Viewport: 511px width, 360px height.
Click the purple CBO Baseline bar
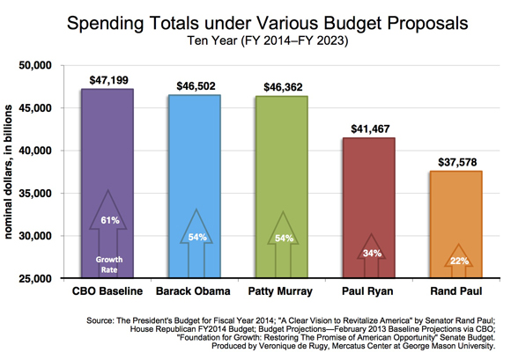pyautogui.click(x=107, y=183)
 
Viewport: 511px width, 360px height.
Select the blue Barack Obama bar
pyautogui.click(x=195, y=187)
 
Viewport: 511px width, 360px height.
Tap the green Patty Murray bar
pyautogui.click(x=282, y=187)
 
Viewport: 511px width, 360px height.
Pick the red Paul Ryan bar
pyautogui.click(x=369, y=208)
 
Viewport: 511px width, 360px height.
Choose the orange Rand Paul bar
pyautogui.click(x=456, y=224)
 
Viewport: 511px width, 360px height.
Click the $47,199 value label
pyautogui.click(x=109, y=80)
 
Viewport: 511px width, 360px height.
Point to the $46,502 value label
pyautogui.click(x=196, y=86)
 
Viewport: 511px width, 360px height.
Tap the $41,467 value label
pyautogui.click(x=370, y=129)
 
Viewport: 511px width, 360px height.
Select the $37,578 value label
pyautogui.click(x=457, y=162)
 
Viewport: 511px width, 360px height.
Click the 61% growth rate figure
pyautogui.click(x=110, y=220)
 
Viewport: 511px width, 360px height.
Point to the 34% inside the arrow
pyautogui.click(x=372, y=253)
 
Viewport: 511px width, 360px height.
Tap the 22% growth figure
pyautogui.click(x=460, y=261)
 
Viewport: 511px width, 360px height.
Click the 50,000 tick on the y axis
pyautogui.click(x=35, y=65)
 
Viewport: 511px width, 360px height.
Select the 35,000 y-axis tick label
pyautogui.click(x=35, y=194)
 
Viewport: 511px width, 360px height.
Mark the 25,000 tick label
pyautogui.click(x=35, y=279)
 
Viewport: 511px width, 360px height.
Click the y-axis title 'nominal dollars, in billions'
pyautogui.click(x=8, y=172)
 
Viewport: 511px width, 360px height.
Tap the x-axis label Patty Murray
pyautogui.click(x=280, y=291)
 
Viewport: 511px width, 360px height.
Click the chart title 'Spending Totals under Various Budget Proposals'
pyautogui.click(x=267, y=24)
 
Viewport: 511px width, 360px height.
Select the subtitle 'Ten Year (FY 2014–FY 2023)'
pyautogui.click(x=268, y=40)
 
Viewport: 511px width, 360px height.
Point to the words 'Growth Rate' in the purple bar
pyautogui.click(x=109, y=265)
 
